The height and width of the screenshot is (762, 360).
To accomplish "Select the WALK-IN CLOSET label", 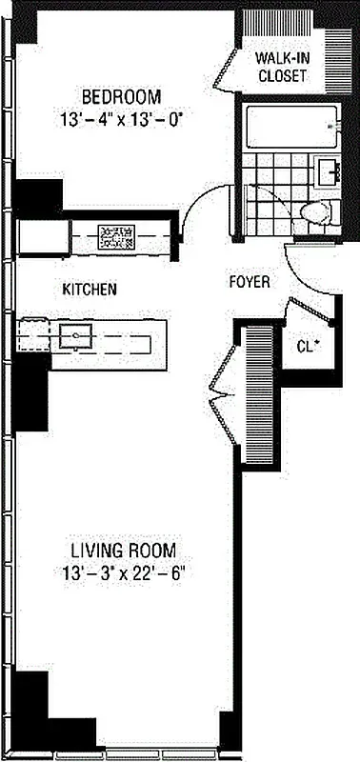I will click(x=282, y=66).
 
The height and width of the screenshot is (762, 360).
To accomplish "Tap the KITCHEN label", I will click(x=90, y=289).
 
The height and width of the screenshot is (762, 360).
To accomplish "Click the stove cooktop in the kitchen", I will click(x=118, y=234).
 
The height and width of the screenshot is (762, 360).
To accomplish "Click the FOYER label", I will click(x=250, y=283).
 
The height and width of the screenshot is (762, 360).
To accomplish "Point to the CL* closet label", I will click(x=307, y=346).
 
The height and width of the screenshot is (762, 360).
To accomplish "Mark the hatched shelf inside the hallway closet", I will click(x=258, y=391).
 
